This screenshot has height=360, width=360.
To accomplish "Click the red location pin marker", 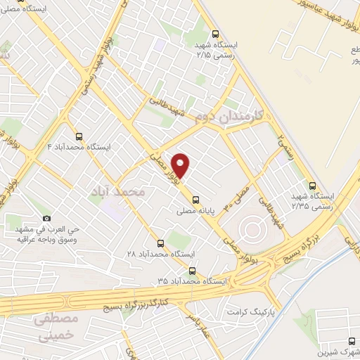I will click(x=181, y=164).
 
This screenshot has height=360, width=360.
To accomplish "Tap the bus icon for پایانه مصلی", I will click(x=195, y=198).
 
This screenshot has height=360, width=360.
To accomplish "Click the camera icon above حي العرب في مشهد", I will click(x=48, y=218).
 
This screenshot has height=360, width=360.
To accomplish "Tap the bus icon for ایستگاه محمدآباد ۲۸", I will click(x=160, y=243).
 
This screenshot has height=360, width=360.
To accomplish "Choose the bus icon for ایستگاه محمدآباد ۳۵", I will click(x=192, y=271).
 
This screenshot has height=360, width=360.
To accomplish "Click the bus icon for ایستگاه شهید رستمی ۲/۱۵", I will click(x=215, y=33).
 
